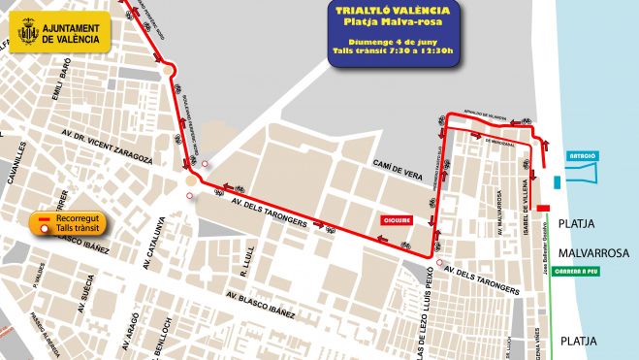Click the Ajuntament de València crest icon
pos(27,33)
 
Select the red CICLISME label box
pos(397,219)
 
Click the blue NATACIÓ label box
pos(583,155)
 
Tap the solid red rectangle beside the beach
pos(544,207)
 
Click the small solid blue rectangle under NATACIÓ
pos(556,181)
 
